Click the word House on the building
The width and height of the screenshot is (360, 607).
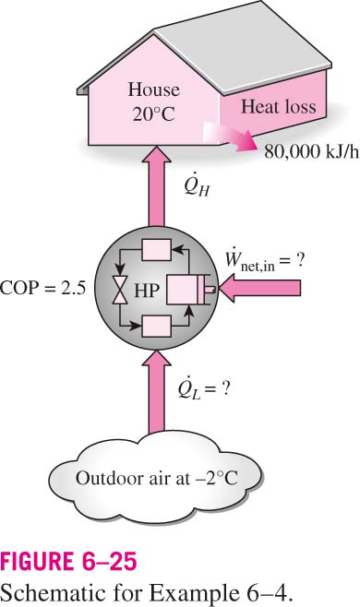(x=154, y=89)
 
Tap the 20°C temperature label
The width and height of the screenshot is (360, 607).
(x=154, y=114)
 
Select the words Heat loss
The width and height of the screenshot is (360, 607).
(x=279, y=106)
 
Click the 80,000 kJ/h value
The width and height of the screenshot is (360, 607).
(x=312, y=151)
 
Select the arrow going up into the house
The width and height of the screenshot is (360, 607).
(x=157, y=185)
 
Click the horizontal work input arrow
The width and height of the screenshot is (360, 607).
(x=259, y=289)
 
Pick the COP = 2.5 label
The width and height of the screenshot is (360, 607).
(x=42, y=288)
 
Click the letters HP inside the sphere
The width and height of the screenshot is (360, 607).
(x=147, y=291)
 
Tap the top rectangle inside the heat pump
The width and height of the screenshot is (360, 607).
(x=157, y=250)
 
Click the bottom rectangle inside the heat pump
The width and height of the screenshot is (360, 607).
(x=157, y=326)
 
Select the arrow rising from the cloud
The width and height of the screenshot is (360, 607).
(x=157, y=391)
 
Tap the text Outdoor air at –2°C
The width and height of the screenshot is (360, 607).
(x=157, y=479)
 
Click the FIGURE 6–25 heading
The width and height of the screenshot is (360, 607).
(x=68, y=561)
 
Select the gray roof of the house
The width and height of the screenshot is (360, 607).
(x=233, y=46)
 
